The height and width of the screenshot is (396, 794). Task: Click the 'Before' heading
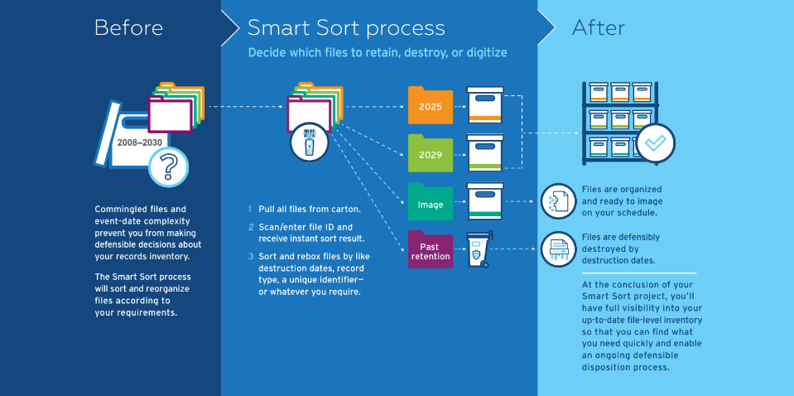[x=128, y=27]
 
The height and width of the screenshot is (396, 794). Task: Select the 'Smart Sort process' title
[x=346, y=27]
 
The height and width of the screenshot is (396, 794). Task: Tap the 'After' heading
[x=598, y=27]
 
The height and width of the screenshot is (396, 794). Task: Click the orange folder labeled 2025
[x=431, y=106]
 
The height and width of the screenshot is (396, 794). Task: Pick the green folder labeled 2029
[x=431, y=153]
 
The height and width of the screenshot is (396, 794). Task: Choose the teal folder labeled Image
[x=431, y=203]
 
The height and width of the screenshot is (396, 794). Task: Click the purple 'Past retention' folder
[x=431, y=250]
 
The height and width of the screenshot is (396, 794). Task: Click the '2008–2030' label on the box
[x=140, y=142]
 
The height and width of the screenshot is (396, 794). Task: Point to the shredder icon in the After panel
[x=558, y=249]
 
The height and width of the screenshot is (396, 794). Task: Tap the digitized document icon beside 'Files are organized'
[x=558, y=201]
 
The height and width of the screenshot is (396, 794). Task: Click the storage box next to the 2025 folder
[x=485, y=105]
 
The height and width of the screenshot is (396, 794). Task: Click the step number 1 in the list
[x=250, y=209]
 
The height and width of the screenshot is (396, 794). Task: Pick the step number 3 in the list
[x=250, y=257]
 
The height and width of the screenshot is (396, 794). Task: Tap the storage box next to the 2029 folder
[x=485, y=152]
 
